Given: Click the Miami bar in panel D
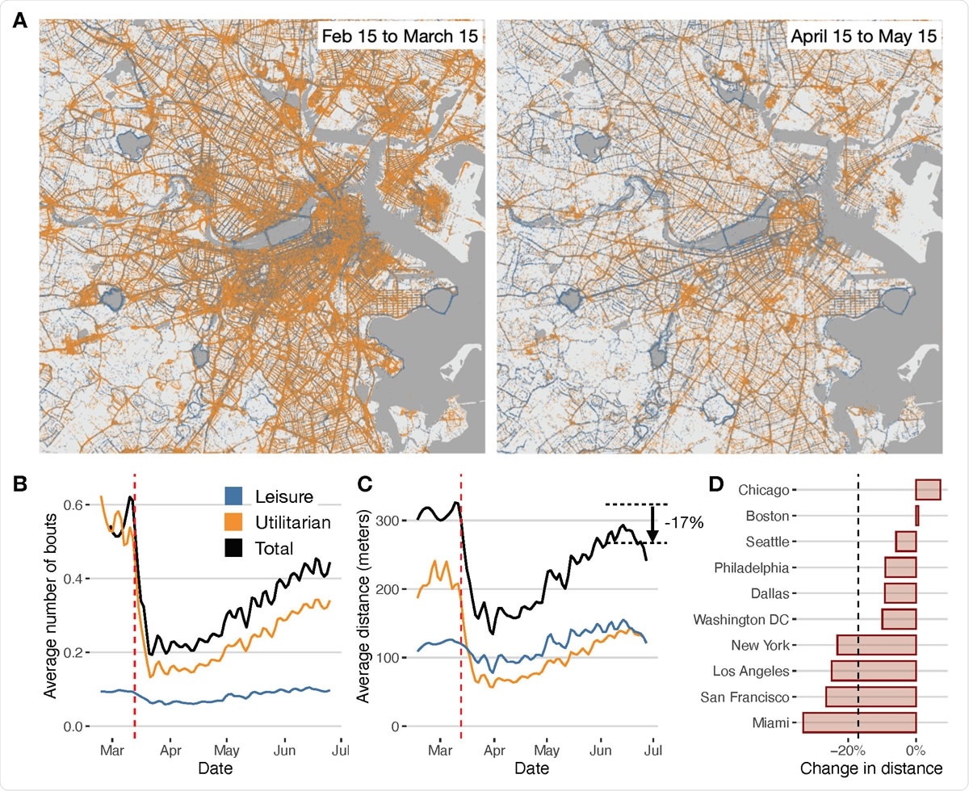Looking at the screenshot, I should (858, 722).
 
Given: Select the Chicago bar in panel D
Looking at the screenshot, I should (928, 489).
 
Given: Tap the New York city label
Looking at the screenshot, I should (759, 645).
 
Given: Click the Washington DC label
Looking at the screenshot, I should (741, 619).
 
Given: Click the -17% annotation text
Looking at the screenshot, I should (685, 523).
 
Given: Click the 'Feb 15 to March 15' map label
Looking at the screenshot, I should (400, 38).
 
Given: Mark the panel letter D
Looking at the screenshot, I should (714, 484).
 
